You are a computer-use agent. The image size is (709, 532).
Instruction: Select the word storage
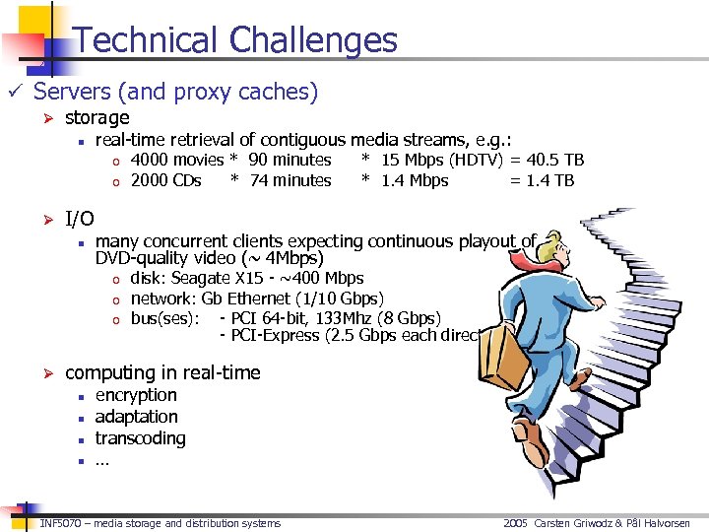click(97, 118)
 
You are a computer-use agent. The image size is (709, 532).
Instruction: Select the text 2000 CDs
click(165, 180)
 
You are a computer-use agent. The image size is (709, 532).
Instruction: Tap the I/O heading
click(79, 219)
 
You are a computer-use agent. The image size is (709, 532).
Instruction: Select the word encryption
click(136, 395)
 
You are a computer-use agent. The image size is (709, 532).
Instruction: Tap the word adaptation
click(136, 417)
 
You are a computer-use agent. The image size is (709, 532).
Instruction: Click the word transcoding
click(140, 438)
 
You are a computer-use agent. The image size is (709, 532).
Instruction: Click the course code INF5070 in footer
click(60, 523)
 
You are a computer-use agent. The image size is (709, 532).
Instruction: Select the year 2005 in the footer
click(516, 523)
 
